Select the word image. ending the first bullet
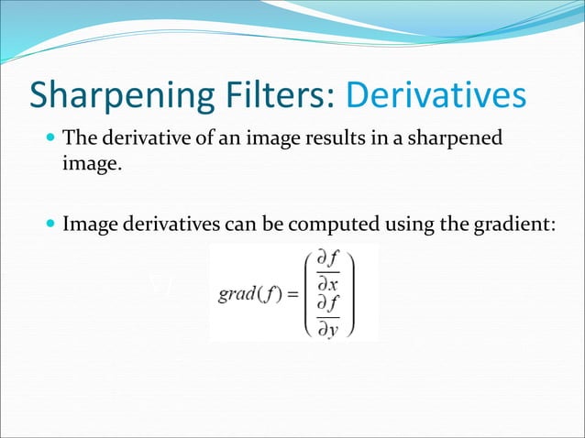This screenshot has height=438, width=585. (91, 168)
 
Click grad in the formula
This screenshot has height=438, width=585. (235, 294)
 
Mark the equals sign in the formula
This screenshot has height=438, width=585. (289, 294)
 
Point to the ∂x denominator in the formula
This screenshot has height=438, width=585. (327, 283)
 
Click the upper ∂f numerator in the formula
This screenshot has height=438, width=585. (327, 259)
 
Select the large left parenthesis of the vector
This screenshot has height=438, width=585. (307, 294)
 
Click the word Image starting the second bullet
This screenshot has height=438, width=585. (88, 224)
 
